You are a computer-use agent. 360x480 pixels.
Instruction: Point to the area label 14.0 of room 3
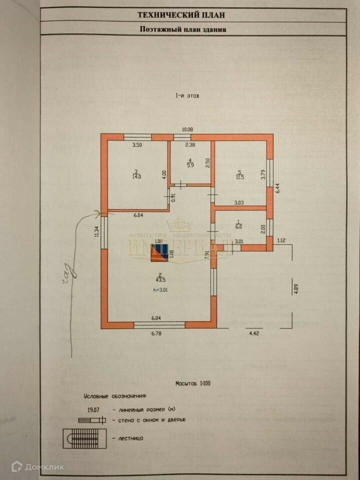point(136,176)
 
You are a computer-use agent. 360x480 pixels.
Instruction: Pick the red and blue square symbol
point(159,252)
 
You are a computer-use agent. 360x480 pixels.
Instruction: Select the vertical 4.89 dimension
point(296,289)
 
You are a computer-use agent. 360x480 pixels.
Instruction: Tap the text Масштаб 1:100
point(192,384)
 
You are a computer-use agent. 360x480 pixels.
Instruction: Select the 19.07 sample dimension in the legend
point(91,408)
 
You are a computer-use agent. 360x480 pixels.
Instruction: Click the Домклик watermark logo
point(37,467)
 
